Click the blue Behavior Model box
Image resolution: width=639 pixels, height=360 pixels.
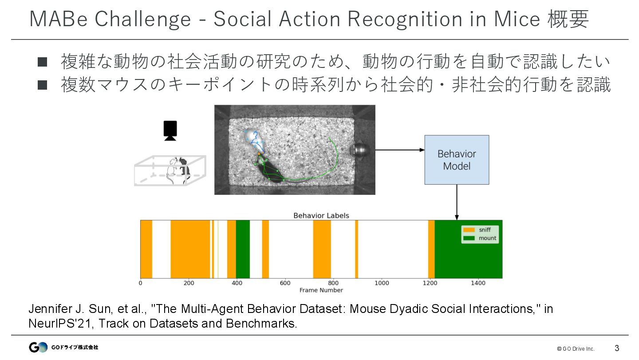pyautogui.click(x=457, y=160)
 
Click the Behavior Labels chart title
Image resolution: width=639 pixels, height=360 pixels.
pyautogui.click(x=321, y=216)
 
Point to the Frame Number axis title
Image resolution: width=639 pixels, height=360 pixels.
pyautogui.click(x=321, y=290)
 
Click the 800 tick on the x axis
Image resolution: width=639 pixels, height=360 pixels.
pyautogui.click(x=333, y=283)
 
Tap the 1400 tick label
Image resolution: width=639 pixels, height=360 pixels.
pyautogui.click(x=478, y=283)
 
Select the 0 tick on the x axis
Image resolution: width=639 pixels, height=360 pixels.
pyautogui.click(x=141, y=283)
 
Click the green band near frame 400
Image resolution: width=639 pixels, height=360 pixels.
pyautogui.click(x=243, y=249)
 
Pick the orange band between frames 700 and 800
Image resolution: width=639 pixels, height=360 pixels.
pyautogui.click(x=322, y=249)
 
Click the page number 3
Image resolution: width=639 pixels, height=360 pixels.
pyautogui.click(x=617, y=348)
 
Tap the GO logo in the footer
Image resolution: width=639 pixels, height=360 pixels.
pyautogui.click(x=38, y=347)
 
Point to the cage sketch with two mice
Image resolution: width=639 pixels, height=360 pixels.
pyautogui.click(x=170, y=170)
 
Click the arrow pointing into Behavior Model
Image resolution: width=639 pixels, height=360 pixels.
pyautogui.click(x=399, y=150)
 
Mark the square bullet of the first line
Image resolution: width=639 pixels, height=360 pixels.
pyautogui.click(x=43, y=62)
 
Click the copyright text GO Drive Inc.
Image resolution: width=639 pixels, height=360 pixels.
pyautogui.click(x=576, y=348)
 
